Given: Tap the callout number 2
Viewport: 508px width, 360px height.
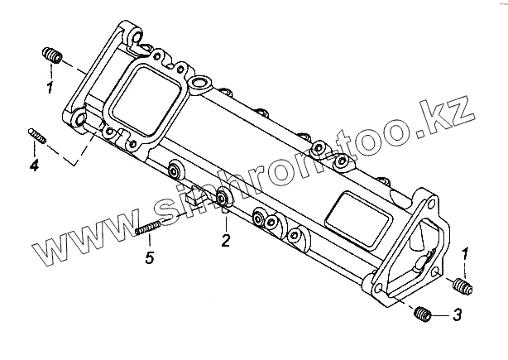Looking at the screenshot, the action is point(224,242).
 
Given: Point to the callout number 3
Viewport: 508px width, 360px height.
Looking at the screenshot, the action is point(457,315).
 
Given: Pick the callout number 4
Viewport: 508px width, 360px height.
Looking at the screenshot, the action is point(34,166).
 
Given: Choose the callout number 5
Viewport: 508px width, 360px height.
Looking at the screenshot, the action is point(149,259).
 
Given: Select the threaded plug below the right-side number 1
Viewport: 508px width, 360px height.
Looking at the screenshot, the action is point(462,287).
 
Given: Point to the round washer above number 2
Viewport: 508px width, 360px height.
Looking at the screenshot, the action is point(223,199).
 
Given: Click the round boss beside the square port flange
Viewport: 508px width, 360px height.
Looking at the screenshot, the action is point(199,84).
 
